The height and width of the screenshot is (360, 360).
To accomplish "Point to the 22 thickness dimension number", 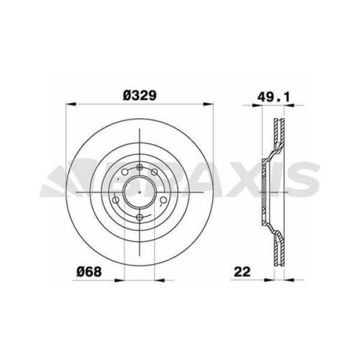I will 242,271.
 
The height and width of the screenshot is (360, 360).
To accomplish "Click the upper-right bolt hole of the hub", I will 155,176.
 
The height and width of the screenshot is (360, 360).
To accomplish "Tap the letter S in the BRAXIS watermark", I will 306,180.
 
